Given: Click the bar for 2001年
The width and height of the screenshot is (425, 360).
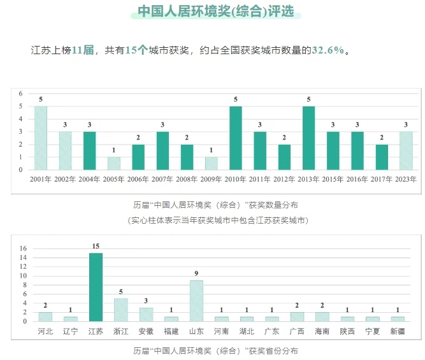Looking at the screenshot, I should [40, 138].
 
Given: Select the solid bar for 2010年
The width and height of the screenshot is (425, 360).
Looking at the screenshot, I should [235, 138].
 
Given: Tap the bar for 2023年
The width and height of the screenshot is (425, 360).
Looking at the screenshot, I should [406, 150].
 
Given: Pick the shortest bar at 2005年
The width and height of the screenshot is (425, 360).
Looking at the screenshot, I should [113, 163].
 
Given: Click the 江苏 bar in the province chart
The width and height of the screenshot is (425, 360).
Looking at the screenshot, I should [96, 287].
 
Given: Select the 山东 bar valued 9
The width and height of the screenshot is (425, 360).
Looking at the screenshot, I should [196, 301].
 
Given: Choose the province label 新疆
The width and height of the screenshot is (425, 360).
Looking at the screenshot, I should [398, 332].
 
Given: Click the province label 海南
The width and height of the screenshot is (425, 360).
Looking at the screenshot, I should [322, 332].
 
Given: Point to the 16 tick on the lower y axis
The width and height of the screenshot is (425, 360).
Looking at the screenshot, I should [23, 248].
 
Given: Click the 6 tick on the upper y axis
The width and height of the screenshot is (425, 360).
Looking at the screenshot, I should [21, 94].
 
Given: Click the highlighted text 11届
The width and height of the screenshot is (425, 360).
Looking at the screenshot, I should [83, 50].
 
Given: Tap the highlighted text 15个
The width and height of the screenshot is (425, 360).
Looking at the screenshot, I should [136, 50].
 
